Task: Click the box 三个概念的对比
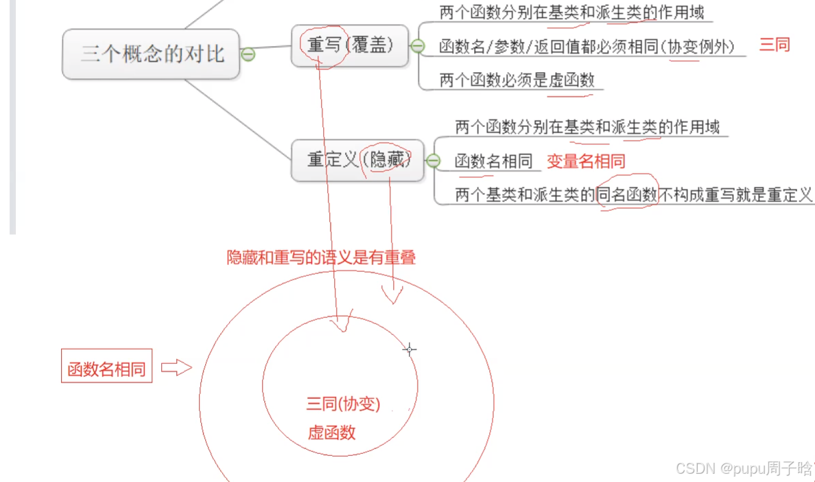tap(152, 54)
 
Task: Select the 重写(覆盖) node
tap(349, 45)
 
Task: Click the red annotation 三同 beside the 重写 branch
tap(775, 45)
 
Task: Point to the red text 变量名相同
tap(586, 162)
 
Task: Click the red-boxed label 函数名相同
tap(106, 369)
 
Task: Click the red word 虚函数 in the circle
tap(331, 433)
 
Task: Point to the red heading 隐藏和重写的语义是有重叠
tap(321, 258)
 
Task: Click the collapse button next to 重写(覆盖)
tap(417, 46)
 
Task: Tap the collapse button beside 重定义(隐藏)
tap(433, 161)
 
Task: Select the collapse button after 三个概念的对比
tap(248, 54)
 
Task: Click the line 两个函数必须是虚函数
tap(517, 80)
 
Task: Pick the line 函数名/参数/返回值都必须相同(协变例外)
tap(587, 47)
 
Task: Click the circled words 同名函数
tap(627, 195)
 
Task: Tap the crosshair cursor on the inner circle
tap(410, 349)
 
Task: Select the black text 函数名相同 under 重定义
tap(494, 161)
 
